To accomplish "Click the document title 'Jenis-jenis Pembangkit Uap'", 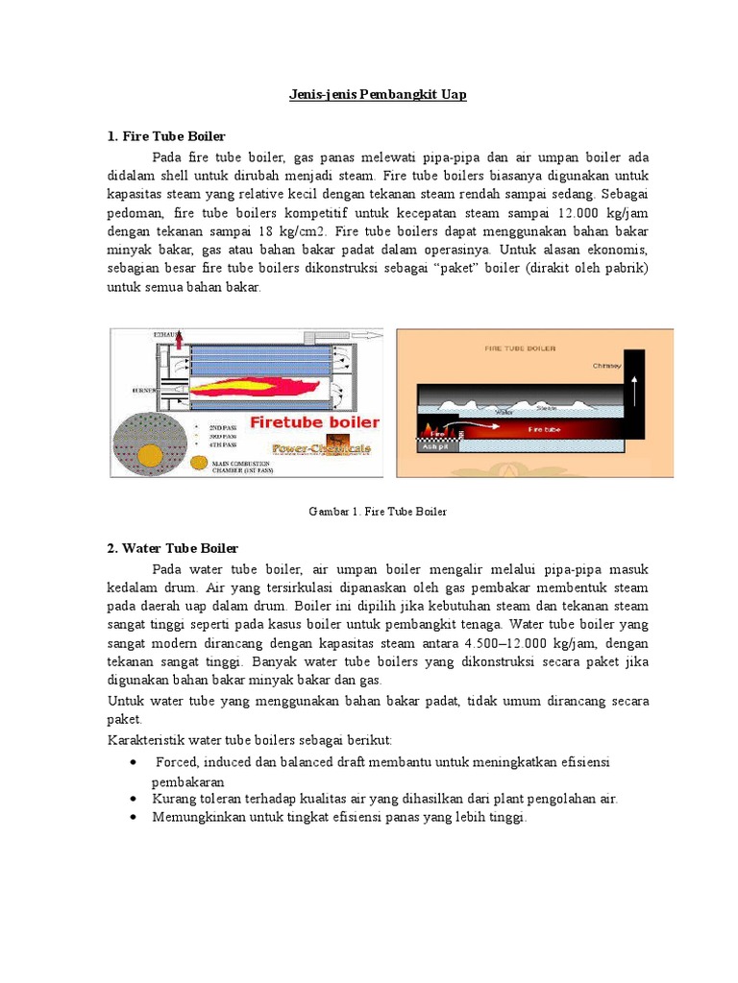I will [x=369, y=96].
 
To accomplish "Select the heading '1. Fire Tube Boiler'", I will [x=165, y=136].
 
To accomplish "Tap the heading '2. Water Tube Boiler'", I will [x=172, y=548].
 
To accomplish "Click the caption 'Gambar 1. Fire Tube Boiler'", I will [x=378, y=512].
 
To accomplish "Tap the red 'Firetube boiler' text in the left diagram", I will [x=314, y=422].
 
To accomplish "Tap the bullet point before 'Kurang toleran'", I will [x=132, y=799].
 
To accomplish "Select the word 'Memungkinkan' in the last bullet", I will [x=192, y=817].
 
